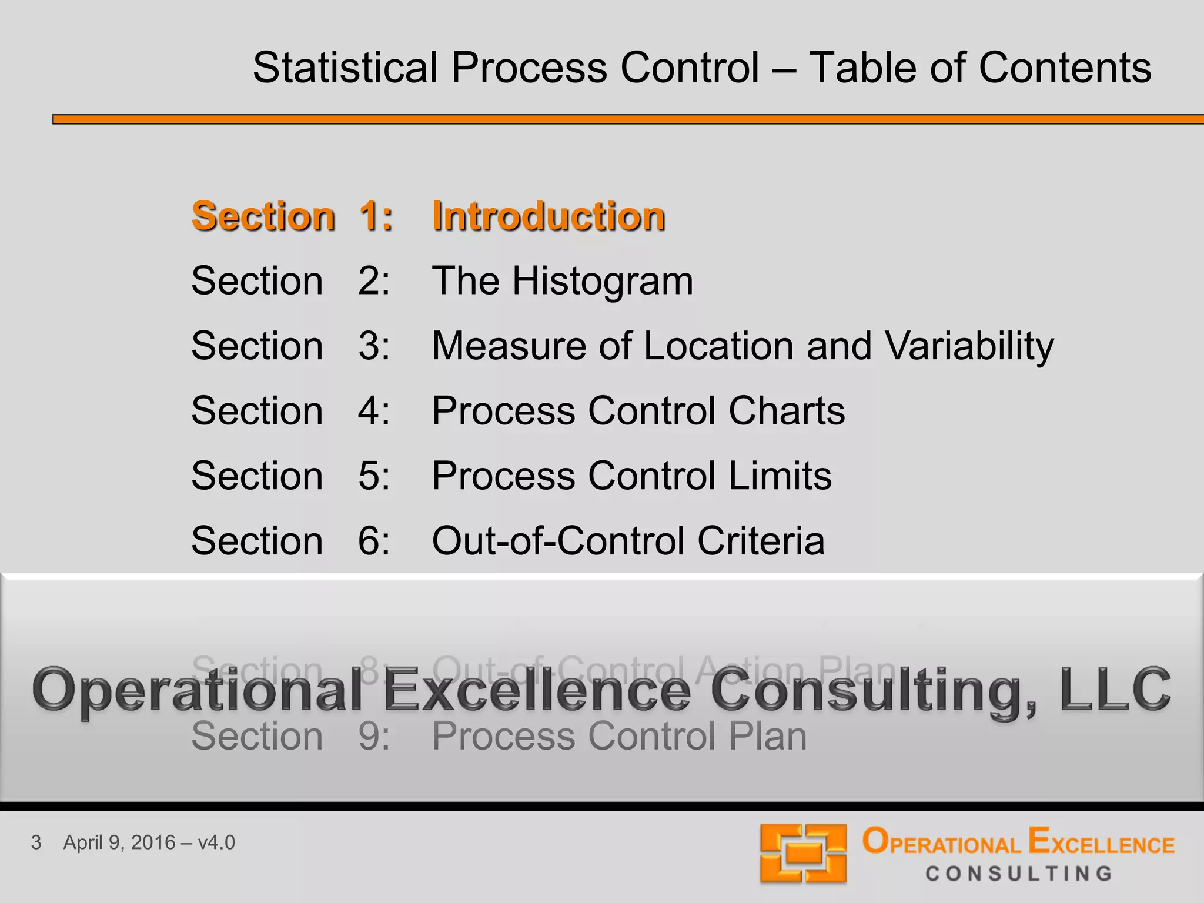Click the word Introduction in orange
(548, 216)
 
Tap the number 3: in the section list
(374, 346)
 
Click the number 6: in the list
(374, 540)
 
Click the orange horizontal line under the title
(628, 119)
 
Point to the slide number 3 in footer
(36, 842)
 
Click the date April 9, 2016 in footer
(119, 842)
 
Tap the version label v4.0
(216, 842)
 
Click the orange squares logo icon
(803, 854)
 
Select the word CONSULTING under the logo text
(1019, 874)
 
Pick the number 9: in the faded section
(374, 736)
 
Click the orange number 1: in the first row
(375, 216)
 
